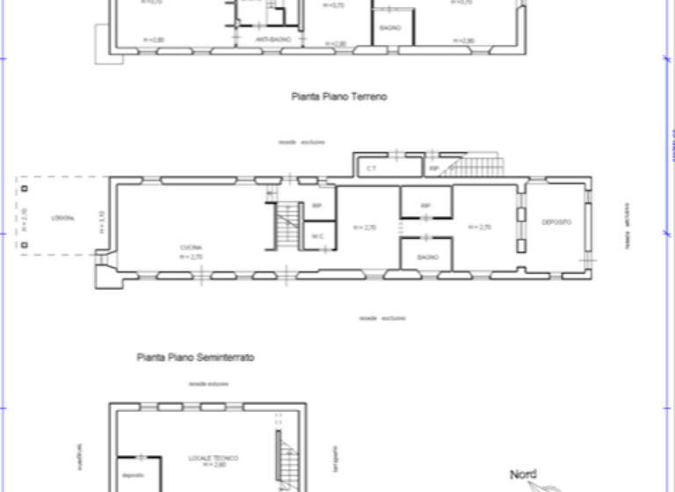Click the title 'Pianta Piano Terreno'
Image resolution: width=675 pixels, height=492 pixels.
pos(338,98)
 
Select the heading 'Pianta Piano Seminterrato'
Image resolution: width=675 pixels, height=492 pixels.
pos(195,358)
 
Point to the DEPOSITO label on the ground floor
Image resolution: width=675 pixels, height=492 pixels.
pos(556,222)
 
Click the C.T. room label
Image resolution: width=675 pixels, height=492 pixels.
pos(371,166)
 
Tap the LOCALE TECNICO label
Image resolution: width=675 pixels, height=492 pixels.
pos(213,459)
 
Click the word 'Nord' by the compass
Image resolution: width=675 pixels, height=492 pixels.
pos(523,474)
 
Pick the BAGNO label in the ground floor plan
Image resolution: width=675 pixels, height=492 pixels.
pos(427,257)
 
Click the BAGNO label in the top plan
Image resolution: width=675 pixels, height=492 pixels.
pos(390,28)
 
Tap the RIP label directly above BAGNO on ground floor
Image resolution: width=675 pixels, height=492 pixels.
pos(425,206)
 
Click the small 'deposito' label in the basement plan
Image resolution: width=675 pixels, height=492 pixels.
pos(134,475)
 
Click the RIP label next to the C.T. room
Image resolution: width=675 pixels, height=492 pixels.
pos(434,167)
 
